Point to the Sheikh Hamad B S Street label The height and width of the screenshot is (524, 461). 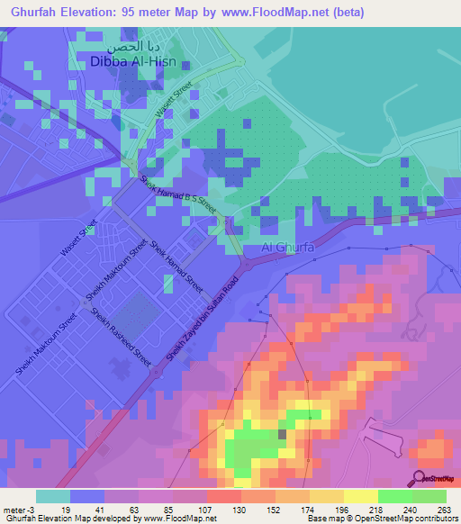coord(179,194)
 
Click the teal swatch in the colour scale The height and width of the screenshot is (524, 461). coord(52,496)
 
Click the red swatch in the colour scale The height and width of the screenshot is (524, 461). coord(223,496)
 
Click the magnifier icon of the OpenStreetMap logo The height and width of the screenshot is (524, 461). coord(418,479)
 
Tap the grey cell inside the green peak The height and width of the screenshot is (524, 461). coord(282,435)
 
